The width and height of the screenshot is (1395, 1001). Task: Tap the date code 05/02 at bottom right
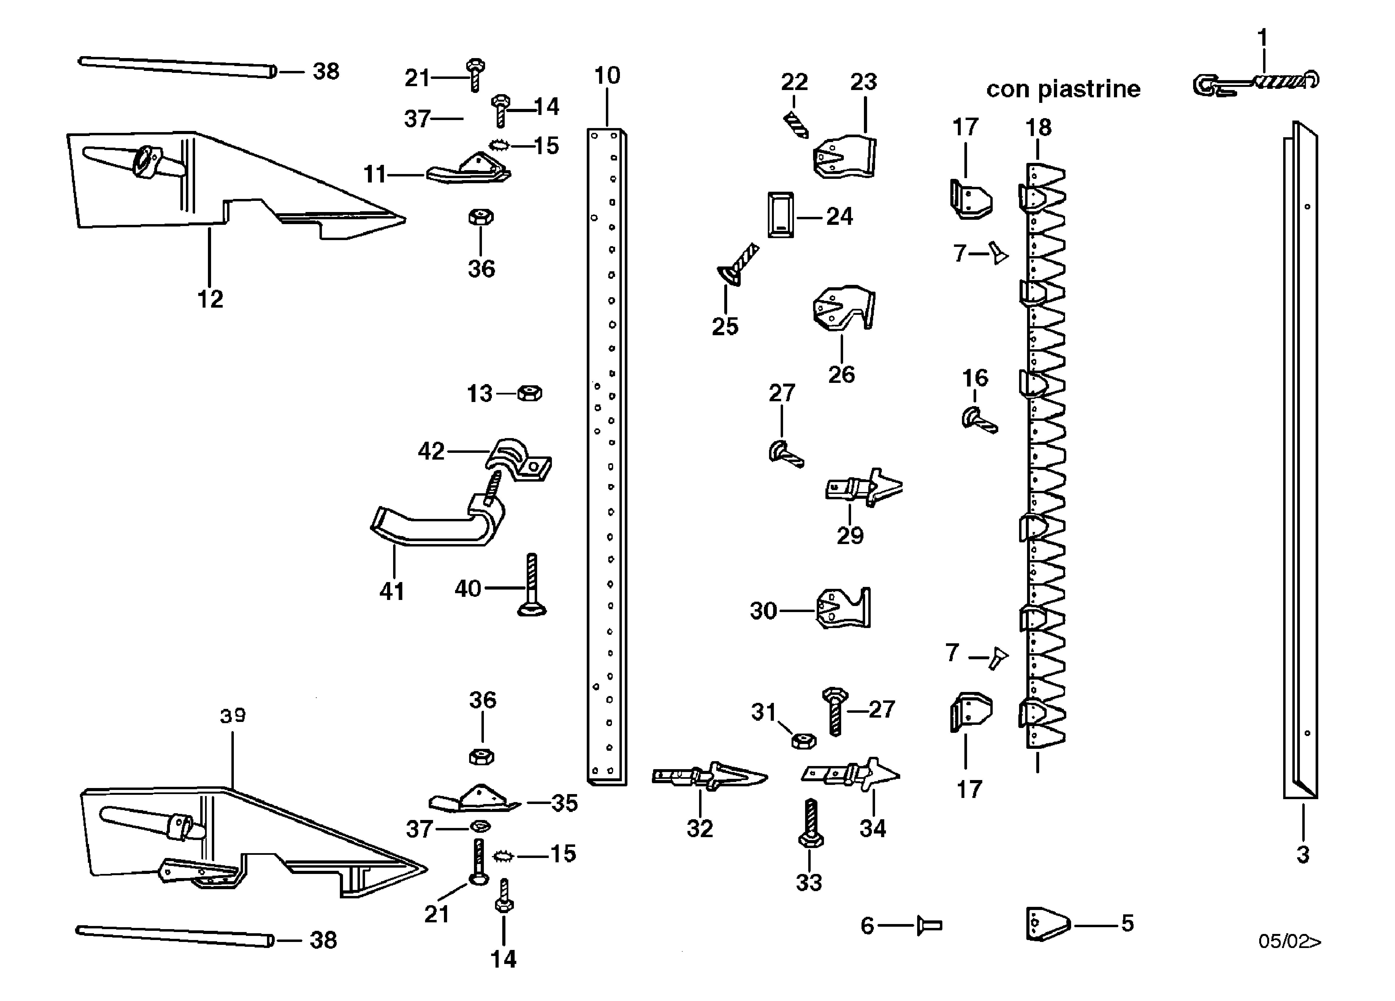tap(1288, 941)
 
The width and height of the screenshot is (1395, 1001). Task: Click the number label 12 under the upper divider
tap(210, 299)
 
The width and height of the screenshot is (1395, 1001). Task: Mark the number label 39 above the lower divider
tap(232, 715)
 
